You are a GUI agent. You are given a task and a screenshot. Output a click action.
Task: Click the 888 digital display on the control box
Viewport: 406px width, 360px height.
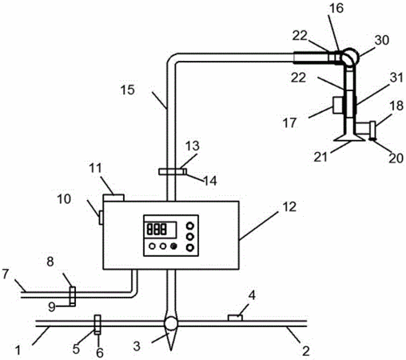point(160,230)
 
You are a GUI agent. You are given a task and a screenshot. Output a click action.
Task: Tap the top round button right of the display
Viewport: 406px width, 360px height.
point(189,226)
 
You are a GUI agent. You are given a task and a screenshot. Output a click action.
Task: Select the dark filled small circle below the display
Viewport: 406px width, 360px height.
point(173,246)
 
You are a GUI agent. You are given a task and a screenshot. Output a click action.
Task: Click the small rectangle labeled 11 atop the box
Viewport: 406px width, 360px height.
point(113,198)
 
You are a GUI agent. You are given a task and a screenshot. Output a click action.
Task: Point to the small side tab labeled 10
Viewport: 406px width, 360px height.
point(101,218)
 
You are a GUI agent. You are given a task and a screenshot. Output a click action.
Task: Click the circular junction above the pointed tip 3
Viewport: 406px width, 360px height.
point(170,323)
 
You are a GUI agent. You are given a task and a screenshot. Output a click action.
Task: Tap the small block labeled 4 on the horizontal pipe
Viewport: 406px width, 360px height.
point(235,318)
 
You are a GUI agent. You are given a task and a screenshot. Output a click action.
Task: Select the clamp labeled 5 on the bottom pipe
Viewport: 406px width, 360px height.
point(98,325)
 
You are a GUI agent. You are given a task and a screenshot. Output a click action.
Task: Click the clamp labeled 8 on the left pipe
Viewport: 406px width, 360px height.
point(73,296)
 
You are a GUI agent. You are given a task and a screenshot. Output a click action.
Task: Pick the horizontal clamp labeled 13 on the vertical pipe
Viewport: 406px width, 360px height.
point(173,171)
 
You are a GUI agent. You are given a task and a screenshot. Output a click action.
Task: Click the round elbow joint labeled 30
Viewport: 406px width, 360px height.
point(349,57)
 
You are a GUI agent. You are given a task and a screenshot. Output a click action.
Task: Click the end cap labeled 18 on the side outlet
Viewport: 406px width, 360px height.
point(372,128)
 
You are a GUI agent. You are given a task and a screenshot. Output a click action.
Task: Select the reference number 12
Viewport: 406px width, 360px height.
point(289,206)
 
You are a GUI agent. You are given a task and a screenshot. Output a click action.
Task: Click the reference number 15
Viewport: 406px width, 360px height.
point(127,90)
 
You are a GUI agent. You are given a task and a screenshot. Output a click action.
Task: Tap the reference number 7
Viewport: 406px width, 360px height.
point(6,274)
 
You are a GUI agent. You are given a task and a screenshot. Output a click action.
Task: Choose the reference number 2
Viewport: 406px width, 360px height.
point(305,350)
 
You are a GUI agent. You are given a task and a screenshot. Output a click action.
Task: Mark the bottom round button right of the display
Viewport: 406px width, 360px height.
point(189,248)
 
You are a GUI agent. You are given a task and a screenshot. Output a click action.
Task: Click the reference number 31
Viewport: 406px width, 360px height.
point(396,78)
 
